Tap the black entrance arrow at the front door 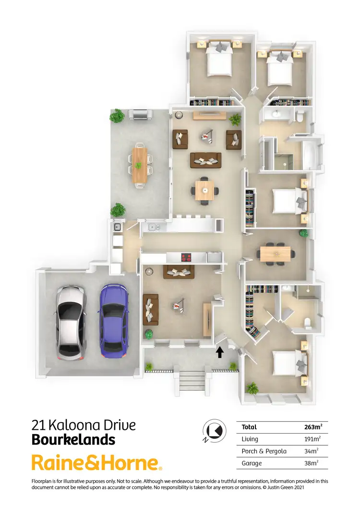pyautogui.click(x=219, y=353)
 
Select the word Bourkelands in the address pyautogui.click(x=73, y=439)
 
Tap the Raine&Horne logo pyautogui.click(x=96, y=463)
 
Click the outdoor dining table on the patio pyautogui.click(x=139, y=165)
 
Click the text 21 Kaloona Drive pyautogui.click(x=84, y=425)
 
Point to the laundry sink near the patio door pyautogui.click(x=117, y=227)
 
